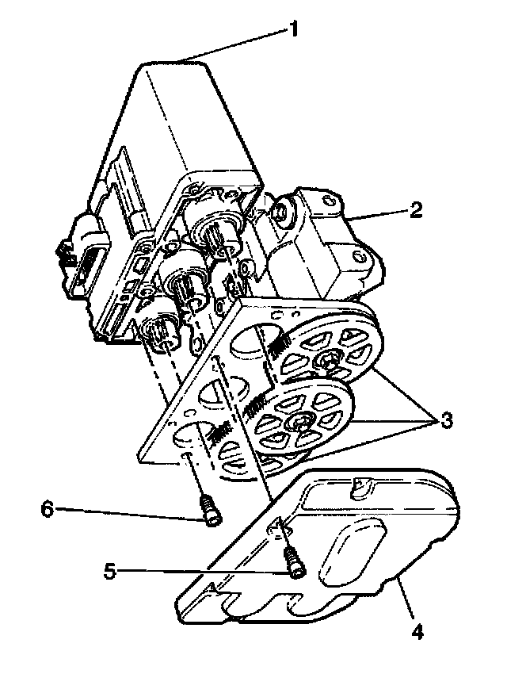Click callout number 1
point(294,31)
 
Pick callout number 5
point(112,569)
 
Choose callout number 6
point(48,508)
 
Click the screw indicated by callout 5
point(294,565)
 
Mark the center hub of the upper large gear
point(327,362)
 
